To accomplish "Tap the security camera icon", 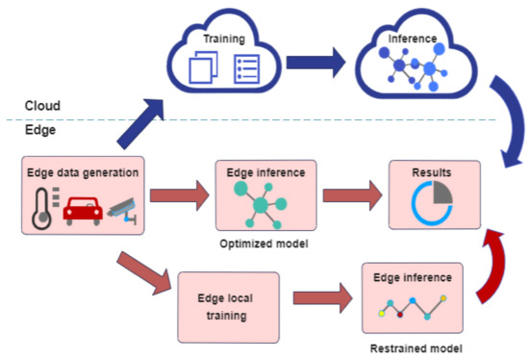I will pos(122,209).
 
